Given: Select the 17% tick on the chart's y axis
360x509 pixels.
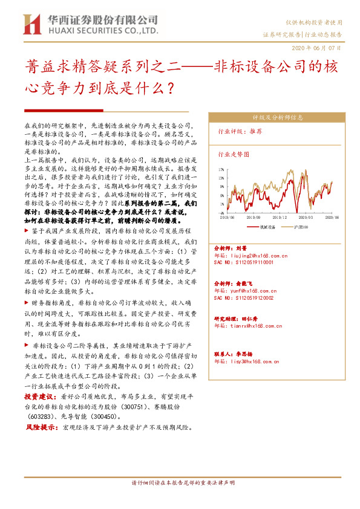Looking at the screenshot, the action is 220,170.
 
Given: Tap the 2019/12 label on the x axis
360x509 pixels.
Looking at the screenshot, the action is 281,216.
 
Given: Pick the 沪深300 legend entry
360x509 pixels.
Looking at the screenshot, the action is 298,227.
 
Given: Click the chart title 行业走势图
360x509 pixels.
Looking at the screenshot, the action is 233,155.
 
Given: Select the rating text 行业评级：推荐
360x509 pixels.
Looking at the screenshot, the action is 240,131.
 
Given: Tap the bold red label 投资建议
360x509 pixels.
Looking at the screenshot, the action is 38,397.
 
